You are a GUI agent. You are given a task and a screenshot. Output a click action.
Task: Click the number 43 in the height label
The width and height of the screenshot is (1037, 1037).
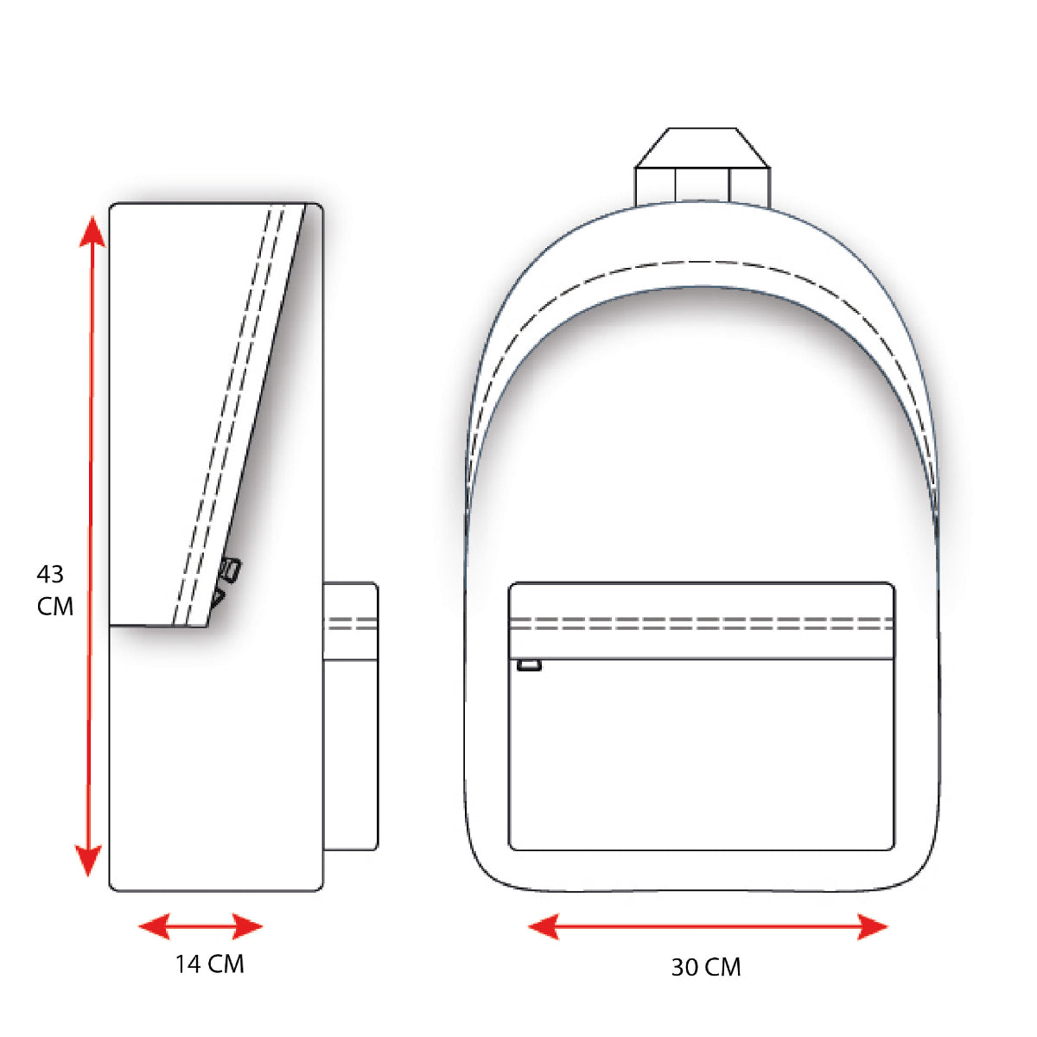(x=50, y=574)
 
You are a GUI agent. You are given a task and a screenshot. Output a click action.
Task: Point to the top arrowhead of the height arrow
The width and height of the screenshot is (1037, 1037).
(x=92, y=232)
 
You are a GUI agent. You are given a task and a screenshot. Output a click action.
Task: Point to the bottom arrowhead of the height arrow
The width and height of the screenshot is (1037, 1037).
(x=88, y=860)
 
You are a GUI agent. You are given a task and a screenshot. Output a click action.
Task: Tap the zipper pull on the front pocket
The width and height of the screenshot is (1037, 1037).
(x=529, y=665)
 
